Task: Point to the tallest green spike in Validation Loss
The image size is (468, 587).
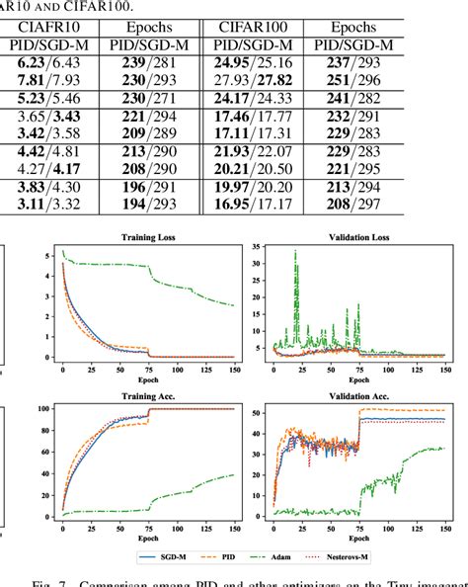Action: (294, 253)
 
